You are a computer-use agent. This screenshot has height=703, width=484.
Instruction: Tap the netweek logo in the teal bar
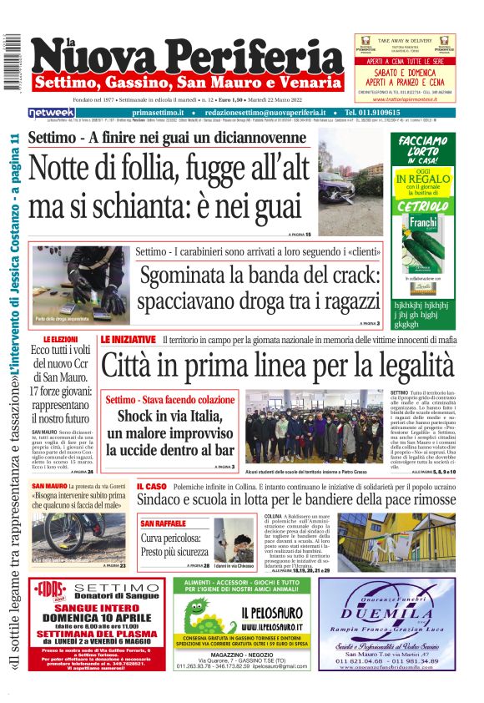pos(52,113)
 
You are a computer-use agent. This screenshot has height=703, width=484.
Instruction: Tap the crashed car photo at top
pos(350,177)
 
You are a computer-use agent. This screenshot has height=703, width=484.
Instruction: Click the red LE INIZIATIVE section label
pos(128,340)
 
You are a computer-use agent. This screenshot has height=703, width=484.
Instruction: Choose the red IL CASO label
pos(151,485)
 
